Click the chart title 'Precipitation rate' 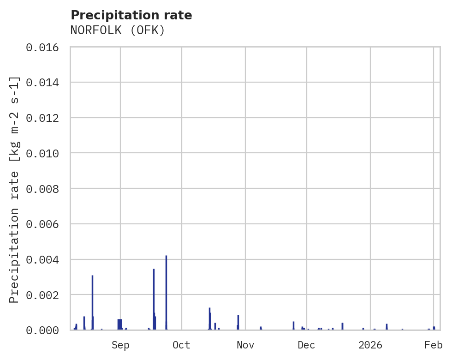pyautogui.click(x=131, y=15)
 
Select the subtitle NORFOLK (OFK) pyautogui.click(x=118, y=30)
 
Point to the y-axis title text pyautogui.click(x=15, y=190)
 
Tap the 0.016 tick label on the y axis pyautogui.click(x=45, y=47)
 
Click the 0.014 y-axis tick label pyautogui.click(x=45, y=83)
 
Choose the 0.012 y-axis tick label pyautogui.click(x=45, y=118)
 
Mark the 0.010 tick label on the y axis pyautogui.click(x=45, y=153)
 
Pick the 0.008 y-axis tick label pyautogui.click(x=45, y=189)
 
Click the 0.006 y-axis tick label pyautogui.click(x=45, y=224)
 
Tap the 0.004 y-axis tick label pyautogui.click(x=45, y=259)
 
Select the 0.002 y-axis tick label pyautogui.click(x=45, y=295)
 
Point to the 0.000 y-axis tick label pyautogui.click(x=45, y=330)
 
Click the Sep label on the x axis pyautogui.click(x=120, y=345)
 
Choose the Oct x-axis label pyautogui.click(x=182, y=345)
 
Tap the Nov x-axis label pyautogui.click(x=245, y=345)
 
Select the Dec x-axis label pyautogui.click(x=307, y=345)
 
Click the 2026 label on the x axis pyautogui.click(x=370, y=345)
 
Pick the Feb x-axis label pyautogui.click(x=434, y=345)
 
